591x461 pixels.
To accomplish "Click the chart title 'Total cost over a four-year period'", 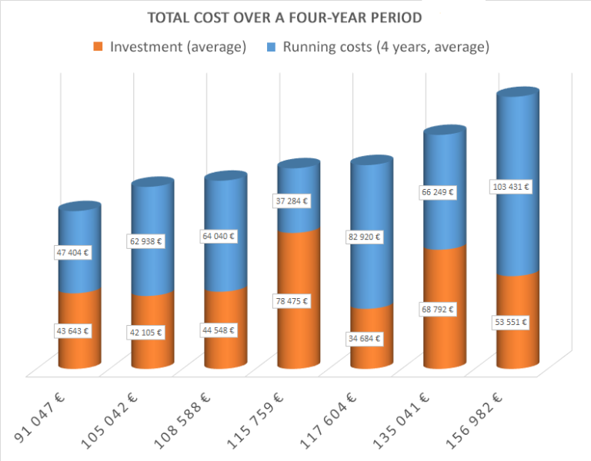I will pos(295,17).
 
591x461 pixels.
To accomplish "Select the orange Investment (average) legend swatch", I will pos(98,47).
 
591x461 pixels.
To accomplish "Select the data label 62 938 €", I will pos(145,242).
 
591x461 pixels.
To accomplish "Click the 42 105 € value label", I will pos(145,333).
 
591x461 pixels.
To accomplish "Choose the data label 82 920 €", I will pos(364,237).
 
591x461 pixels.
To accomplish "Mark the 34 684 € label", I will pos(363,338).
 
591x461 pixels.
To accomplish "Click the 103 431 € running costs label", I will pos(509,187).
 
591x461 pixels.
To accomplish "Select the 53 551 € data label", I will pos(509,323).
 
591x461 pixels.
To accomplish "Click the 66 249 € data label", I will pos(436,193).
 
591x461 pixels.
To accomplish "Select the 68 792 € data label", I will pos(436,310).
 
